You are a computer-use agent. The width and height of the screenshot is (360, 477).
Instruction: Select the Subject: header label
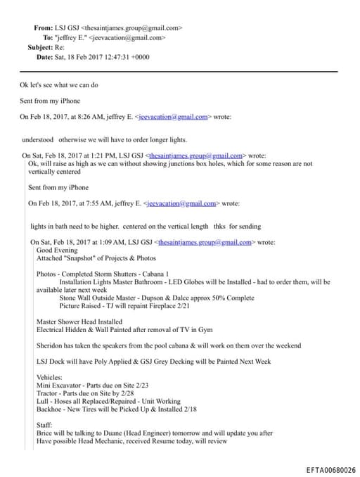point(40,47)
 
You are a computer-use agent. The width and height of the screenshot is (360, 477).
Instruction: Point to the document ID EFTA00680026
point(330,469)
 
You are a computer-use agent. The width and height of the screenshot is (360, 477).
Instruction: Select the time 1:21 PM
point(94,155)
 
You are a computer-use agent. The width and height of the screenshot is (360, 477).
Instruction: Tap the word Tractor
point(46,393)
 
